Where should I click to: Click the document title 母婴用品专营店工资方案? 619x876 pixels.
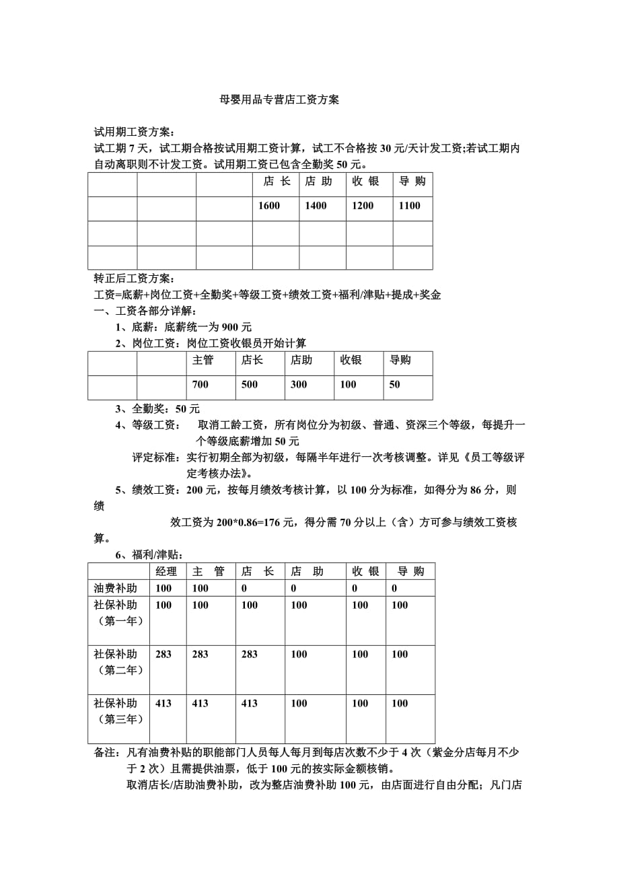coord(280,100)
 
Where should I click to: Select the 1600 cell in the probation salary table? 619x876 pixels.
coord(269,206)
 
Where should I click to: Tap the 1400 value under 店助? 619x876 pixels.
coord(316,206)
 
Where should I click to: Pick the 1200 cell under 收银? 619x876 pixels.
coord(363,206)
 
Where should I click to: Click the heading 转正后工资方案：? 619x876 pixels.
coord(135,279)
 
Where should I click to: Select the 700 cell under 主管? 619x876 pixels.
coord(201,384)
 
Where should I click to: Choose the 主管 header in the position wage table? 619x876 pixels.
coord(203,360)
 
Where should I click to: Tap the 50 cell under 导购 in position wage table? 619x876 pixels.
coord(395,384)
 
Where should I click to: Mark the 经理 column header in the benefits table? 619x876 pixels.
coord(166,571)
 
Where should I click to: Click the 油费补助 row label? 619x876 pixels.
coord(116,588)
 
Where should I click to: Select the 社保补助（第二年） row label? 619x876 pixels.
coord(118,662)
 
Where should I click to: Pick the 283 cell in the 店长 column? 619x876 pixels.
coord(249,654)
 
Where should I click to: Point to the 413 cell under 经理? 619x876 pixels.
coord(163,703)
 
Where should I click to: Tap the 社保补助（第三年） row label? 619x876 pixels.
coord(118,711)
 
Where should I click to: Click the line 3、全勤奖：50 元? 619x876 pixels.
coord(157,408)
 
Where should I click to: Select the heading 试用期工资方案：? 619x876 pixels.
coord(135,132)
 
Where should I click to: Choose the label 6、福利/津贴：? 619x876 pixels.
coord(149,554)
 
